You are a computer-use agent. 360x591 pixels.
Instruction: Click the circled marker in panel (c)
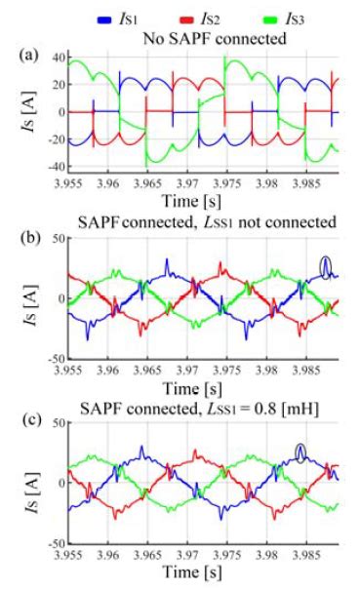[302, 451]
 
